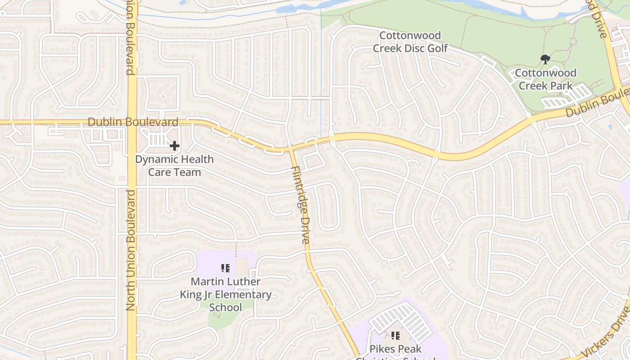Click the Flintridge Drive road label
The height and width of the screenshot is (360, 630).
[x=300, y=205]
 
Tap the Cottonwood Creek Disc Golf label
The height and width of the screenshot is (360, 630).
[x=410, y=41]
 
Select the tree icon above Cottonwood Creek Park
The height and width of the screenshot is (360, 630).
[x=545, y=59]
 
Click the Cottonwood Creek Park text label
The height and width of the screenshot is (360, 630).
[x=545, y=79]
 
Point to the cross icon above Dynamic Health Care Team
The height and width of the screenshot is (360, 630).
[x=175, y=146]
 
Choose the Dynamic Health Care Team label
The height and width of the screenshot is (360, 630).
[x=175, y=166]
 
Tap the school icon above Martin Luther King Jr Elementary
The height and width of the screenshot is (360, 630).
[x=225, y=269]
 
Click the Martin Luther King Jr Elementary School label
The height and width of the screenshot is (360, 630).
[x=225, y=294]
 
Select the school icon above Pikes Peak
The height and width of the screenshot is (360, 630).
[x=396, y=335]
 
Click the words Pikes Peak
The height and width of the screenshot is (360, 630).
[x=396, y=349]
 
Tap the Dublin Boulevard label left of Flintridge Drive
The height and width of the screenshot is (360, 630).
[x=133, y=122]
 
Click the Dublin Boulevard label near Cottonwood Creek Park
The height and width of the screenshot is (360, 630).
[x=596, y=102]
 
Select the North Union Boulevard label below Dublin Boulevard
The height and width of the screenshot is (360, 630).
[x=131, y=250]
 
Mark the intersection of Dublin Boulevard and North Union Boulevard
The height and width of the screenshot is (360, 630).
[x=132, y=122]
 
